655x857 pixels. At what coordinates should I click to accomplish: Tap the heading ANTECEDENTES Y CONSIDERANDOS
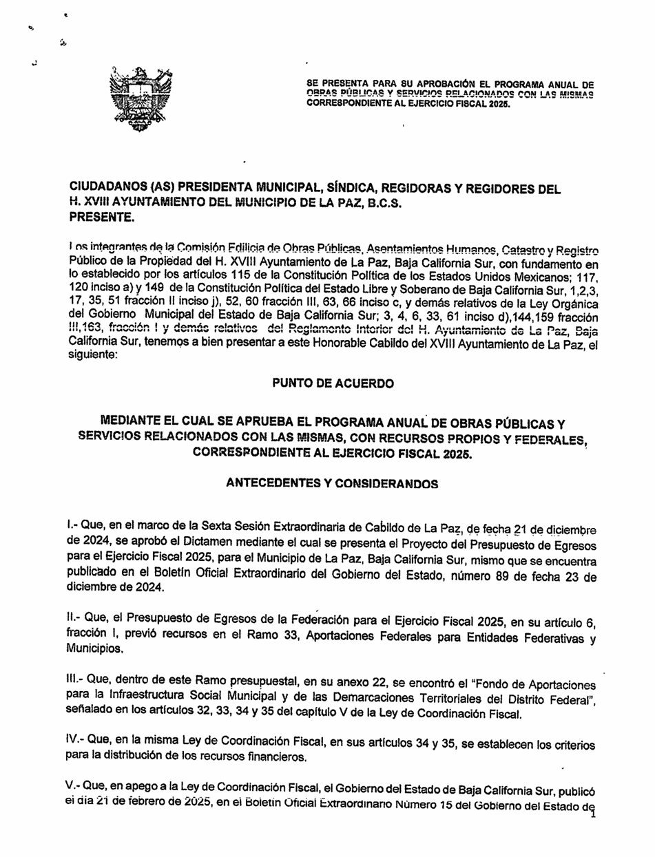(x=332, y=483)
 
